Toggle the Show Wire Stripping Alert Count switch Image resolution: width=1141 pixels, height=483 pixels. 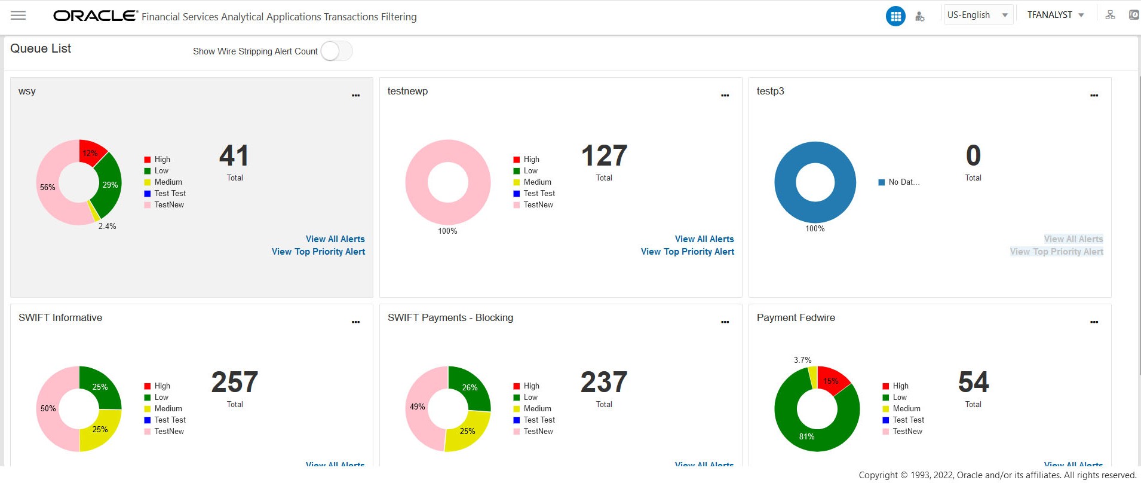[x=336, y=51]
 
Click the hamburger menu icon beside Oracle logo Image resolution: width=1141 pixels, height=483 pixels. [x=19, y=16]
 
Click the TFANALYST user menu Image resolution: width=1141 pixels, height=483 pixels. [x=1055, y=15]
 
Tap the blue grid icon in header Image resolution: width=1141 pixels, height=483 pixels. [x=895, y=16]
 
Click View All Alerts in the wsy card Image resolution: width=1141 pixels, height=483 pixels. [x=335, y=239]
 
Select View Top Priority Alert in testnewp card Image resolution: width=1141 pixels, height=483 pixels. [x=687, y=252]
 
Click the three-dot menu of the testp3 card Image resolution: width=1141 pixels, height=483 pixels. [x=1094, y=96]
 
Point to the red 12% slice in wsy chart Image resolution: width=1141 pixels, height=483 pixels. [x=91, y=151]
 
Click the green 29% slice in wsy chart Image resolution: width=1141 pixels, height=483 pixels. [x=109, y=185]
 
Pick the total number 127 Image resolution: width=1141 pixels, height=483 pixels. [x=604, y=156]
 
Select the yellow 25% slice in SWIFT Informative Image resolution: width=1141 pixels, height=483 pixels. [x=100, y=429]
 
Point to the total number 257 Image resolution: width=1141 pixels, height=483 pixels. [x=235, y=383]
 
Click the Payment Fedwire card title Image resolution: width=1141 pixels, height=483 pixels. [x=796, y=318]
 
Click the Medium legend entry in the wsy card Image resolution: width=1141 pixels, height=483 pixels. [x=168, y=182]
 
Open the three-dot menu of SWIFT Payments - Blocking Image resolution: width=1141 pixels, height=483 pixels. [x=725, y=322]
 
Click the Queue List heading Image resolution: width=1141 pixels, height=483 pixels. [x=41, y=49]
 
